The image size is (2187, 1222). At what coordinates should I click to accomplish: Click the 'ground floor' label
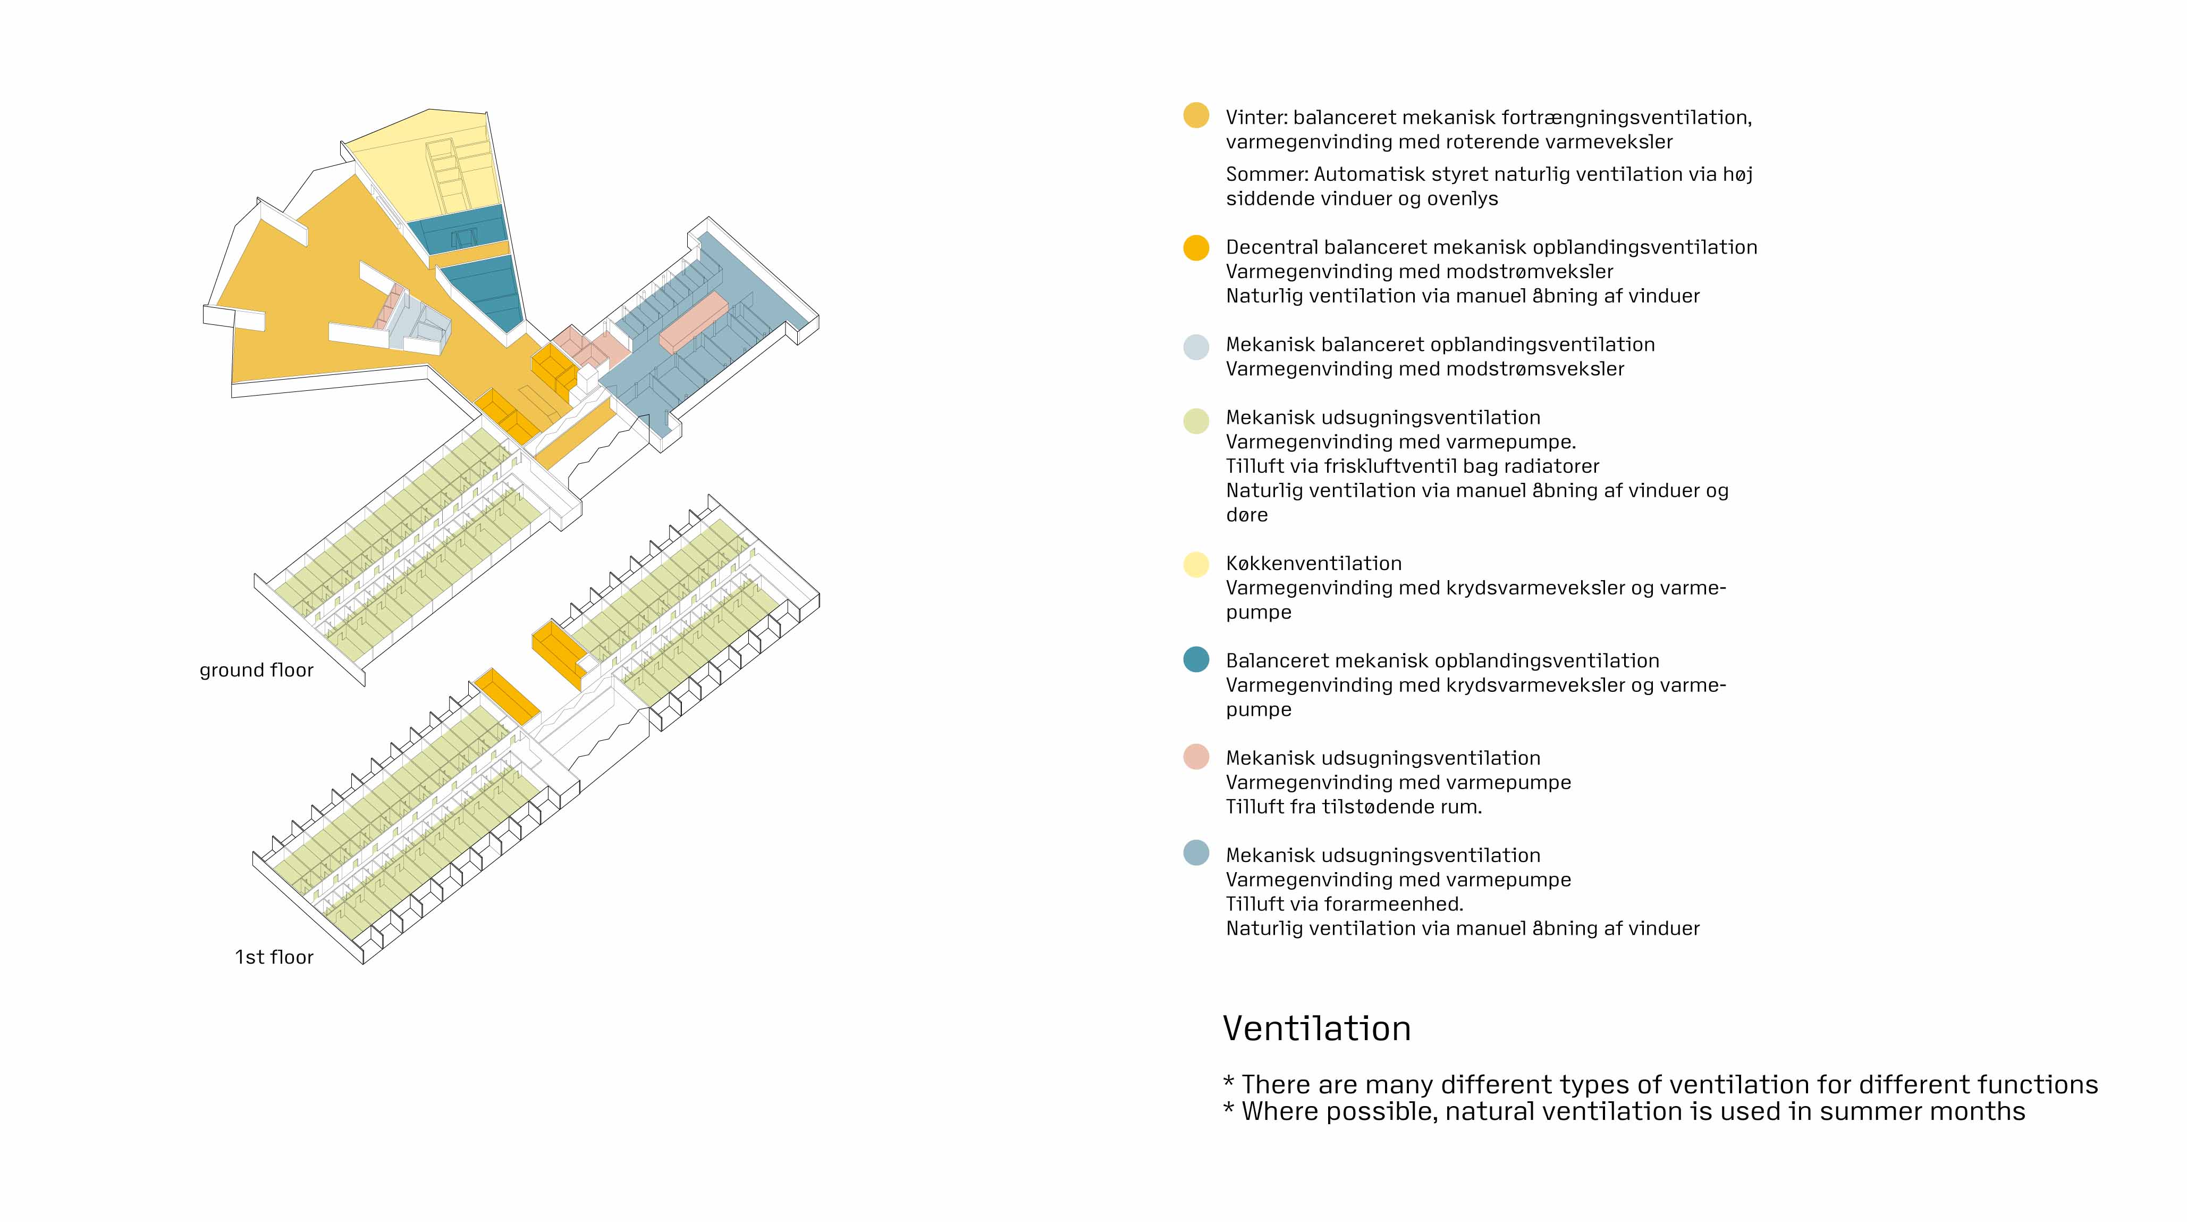pos(256,670)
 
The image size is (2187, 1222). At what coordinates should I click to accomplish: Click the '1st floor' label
pos(274,957)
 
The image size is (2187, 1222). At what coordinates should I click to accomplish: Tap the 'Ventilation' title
pos(1317,1028)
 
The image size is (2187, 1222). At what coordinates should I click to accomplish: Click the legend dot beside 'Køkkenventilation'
pos(1196,564)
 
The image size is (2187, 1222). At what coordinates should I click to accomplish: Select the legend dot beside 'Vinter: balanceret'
pos(1196,115)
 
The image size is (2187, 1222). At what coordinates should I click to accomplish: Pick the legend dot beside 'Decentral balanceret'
pos(1196,247)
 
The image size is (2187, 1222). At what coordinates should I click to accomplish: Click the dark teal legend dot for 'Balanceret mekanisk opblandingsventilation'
pos(1196,660)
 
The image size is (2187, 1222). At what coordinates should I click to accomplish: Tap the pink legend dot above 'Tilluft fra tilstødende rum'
pos(1196,757)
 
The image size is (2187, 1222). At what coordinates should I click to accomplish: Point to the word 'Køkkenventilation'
pos(1313,563)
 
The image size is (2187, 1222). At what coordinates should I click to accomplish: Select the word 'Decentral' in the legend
pos(1271,247)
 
